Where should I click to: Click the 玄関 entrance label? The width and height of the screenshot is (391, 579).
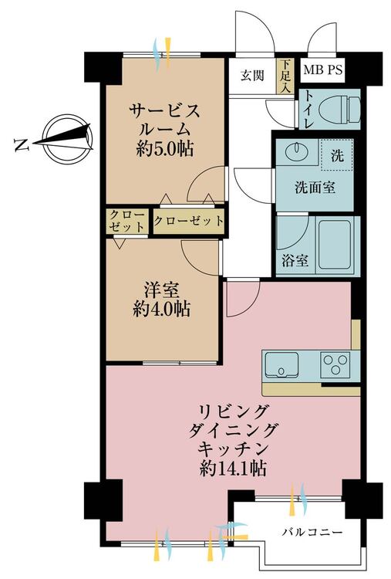click(x=253, y=76)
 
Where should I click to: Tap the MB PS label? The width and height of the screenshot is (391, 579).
click(x=323, y=69)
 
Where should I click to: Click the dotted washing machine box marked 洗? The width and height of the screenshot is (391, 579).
click(x=336, y=154)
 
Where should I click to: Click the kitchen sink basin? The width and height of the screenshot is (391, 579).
click(x=281, y=365)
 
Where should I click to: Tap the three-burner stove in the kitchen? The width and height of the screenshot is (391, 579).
click(x=335, y=365)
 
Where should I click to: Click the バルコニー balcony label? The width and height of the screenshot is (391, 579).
click(x=313, y=532)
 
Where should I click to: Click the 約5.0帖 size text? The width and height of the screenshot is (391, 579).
click(x=164, y=150)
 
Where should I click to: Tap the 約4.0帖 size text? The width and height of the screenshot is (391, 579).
click(x=161, y=309)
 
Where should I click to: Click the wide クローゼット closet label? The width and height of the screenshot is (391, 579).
click(x=188, y=221)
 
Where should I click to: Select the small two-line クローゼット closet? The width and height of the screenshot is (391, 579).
click(x=127, y=221)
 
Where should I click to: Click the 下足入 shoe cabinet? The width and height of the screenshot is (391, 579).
click(x=285, y=76)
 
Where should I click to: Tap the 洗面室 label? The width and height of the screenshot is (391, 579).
click(x=315, y=188)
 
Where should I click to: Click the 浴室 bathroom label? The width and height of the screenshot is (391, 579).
click(x=295, y=261)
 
